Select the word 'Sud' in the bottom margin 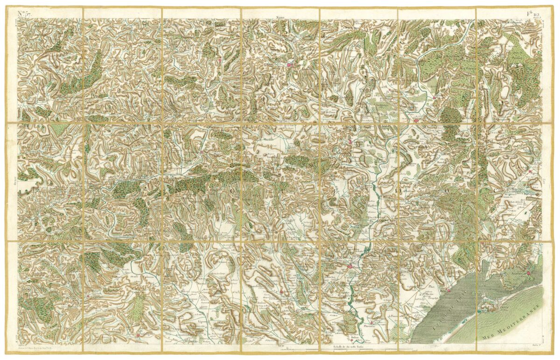pyautogui.click(x=280, y=346)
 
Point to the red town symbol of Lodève pyautogui.click(x=289, y=65)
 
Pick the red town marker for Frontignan pyautogui.click(x=529, y=273)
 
